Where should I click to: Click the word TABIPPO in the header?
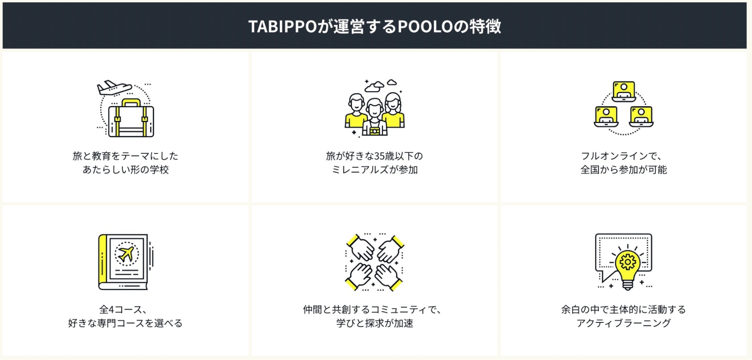click(283, 27)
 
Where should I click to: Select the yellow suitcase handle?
click(131, 102)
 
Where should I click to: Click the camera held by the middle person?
click(374, 131)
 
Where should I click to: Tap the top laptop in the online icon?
click(623, 91)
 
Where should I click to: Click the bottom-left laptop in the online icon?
click(606, 117)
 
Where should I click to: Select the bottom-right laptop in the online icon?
click(641, 117)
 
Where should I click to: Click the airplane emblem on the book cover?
click(126, 254)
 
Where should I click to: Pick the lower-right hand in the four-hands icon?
click(387, 276)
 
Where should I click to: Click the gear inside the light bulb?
click(627, 262)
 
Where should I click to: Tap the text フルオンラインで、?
click(621, 156)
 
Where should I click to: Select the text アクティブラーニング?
click(623, 323)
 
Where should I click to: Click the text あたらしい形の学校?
click(126, 170)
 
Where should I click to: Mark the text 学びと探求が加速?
click(375, 323)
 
